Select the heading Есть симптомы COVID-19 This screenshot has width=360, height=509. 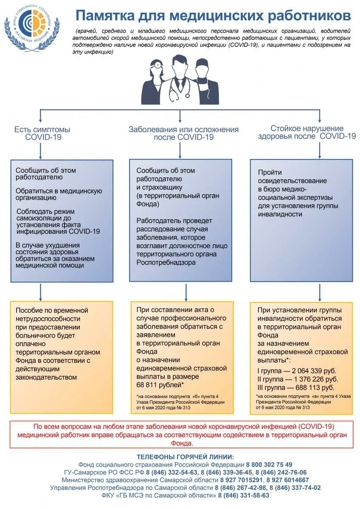pos(42,133)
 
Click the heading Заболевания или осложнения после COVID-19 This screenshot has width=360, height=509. pos(183,133)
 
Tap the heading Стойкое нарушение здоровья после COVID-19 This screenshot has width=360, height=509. pos(307,132)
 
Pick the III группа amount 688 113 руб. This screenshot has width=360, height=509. pos(311,388)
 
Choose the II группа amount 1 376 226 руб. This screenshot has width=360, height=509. pos(312,380)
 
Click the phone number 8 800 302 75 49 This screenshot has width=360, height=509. pos(269,464)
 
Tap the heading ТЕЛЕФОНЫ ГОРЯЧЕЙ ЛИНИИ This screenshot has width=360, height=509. pos(185,457)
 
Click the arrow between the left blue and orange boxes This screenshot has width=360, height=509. pos(41,292)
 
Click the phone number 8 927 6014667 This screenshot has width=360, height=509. pos(288,480)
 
